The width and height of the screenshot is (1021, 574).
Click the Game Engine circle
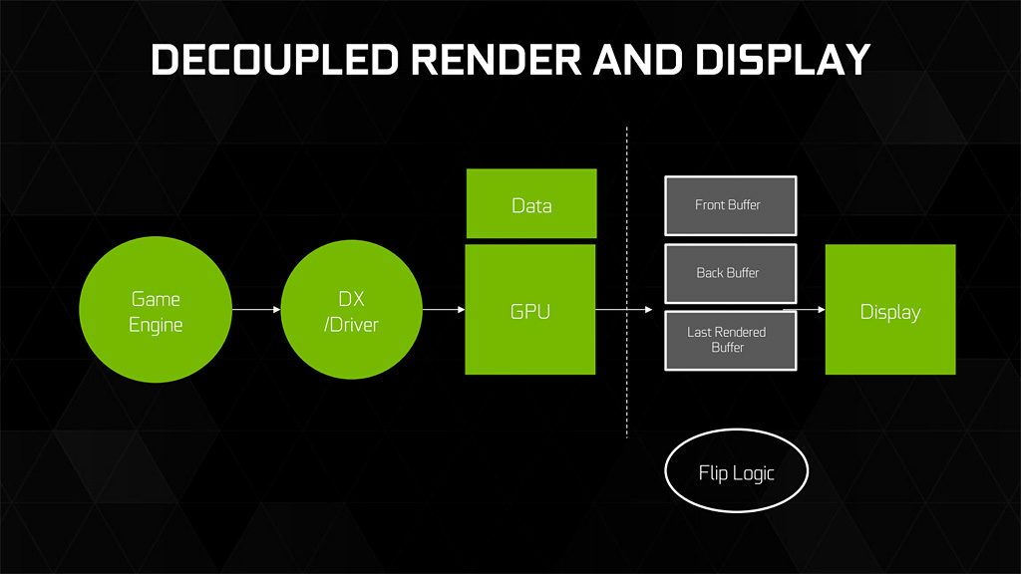tap(156, 311)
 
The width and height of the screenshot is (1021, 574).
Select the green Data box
tap(530, 204)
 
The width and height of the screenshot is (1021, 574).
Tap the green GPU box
tap(530, 310)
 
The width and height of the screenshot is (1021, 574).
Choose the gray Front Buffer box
tap(730, 205)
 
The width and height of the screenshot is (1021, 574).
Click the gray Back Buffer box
tap(730, 272)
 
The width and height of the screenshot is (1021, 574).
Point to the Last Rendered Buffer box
tap(730, 339)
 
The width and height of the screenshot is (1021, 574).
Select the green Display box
tap(889, 310)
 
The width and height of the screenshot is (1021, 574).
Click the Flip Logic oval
tap(736, 472)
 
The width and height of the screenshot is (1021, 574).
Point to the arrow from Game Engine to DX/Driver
tap(256, 310)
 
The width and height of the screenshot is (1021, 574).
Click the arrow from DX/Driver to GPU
tap(444, 310)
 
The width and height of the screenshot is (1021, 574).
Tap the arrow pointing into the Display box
tap(810, 310)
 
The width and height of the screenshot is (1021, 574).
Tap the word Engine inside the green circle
tap(156, 325)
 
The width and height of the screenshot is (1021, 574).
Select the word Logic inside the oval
tap(754, 472)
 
